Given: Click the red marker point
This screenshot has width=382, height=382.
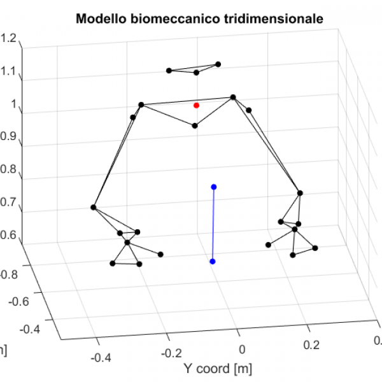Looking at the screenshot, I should (x=196, y=105).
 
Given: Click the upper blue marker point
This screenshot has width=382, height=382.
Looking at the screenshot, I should (x=214, y=187).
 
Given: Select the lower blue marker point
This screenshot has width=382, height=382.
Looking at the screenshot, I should (x=212, y=262).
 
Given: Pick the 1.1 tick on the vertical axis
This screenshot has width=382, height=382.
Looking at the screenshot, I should (x=10, y=71).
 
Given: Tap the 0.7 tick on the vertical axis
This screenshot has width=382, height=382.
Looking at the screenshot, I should (x=8, y=202).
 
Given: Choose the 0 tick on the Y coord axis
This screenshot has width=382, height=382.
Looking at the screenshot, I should (x=242, y=348).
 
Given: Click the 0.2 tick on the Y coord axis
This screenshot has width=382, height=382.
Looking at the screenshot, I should (x=309, y=344).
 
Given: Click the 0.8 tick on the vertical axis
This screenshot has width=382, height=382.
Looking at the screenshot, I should (x=8, y=170).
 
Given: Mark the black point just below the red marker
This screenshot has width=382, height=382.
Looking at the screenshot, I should (x=195, y=125).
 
